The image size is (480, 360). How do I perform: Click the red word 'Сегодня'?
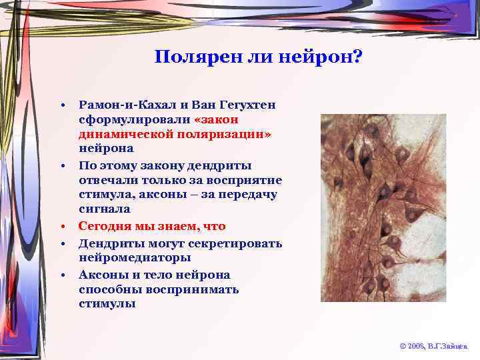(107, 226)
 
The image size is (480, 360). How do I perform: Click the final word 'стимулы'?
(107, 304)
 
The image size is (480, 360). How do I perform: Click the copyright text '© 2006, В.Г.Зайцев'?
(433, 347)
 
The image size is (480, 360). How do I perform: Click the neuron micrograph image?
(383, 207)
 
